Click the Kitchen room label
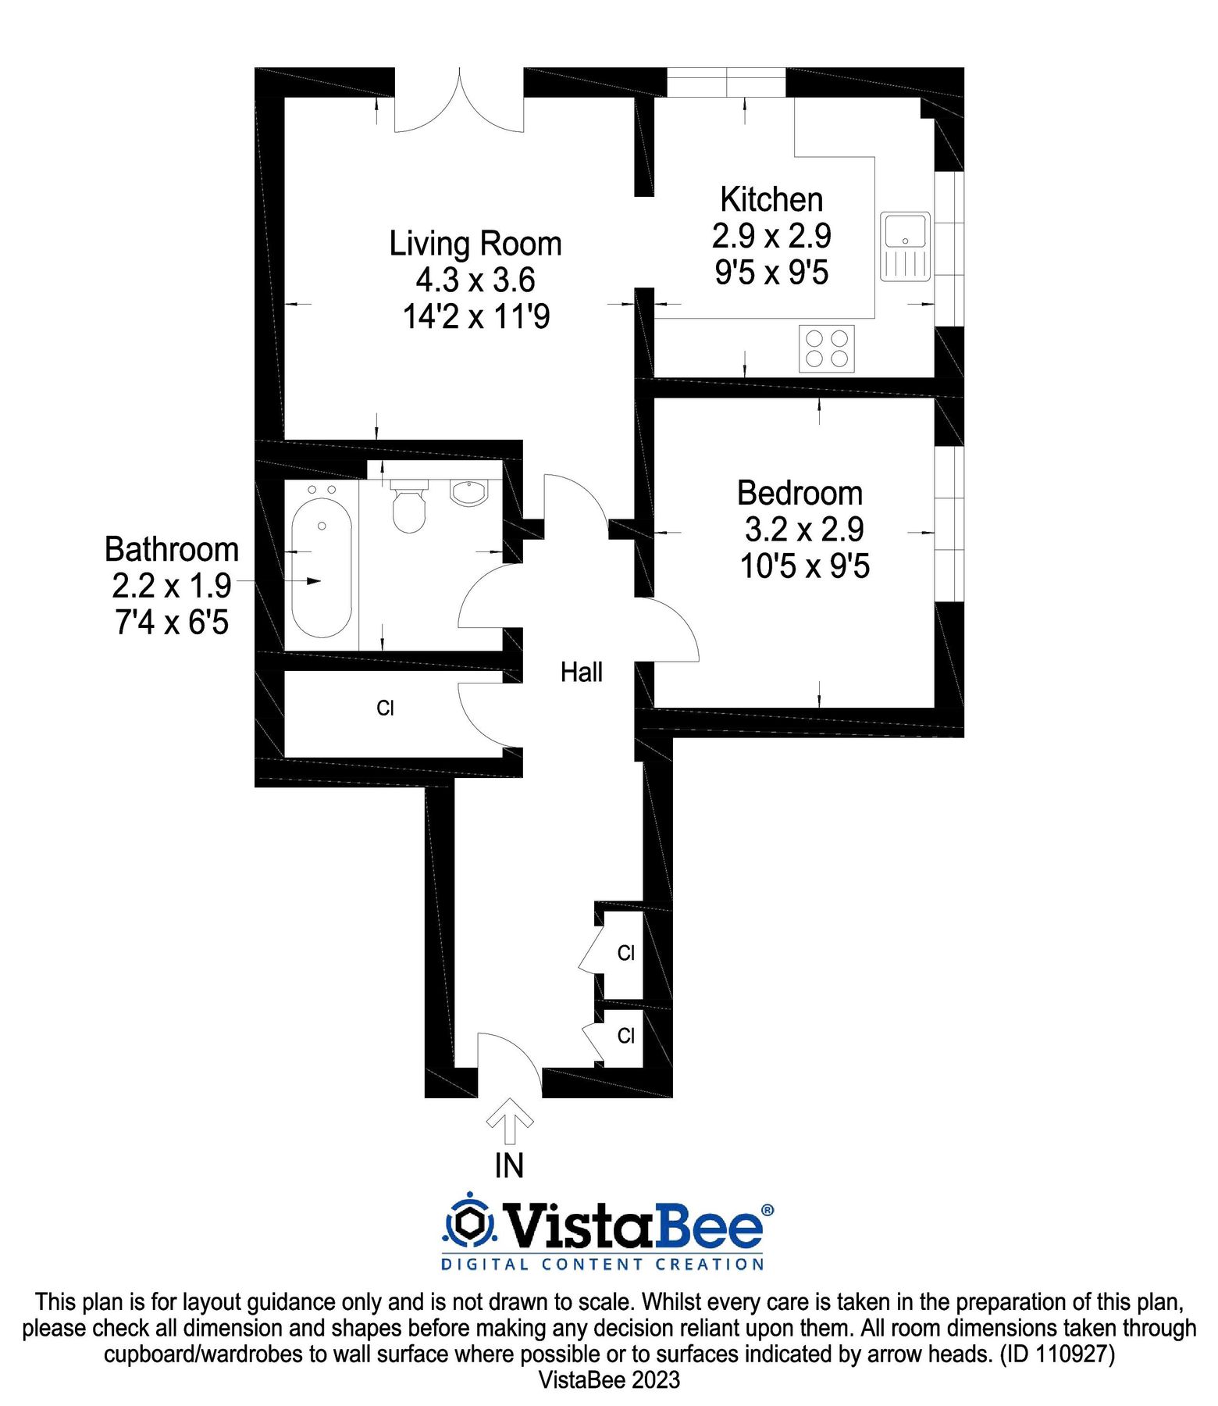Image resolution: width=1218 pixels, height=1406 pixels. pos(771,200)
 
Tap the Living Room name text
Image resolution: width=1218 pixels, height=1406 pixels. pos(475,244)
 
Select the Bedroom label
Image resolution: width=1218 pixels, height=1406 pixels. pos(800,494)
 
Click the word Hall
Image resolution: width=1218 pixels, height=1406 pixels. pos(582,673)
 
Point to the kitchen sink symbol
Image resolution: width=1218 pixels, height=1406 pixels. pos(906,246)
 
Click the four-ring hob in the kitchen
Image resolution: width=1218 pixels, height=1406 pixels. pos(827,348)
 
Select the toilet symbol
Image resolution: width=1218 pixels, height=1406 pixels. pos(408,508)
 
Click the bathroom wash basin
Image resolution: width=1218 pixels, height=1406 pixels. pos(468,494)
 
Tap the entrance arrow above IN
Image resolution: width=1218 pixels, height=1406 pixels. pos(510,1121)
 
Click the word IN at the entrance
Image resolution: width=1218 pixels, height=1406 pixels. pos(509,1166)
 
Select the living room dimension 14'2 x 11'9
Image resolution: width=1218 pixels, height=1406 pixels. pos(476,317)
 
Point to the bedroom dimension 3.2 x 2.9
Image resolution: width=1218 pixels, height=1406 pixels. pos(804,530)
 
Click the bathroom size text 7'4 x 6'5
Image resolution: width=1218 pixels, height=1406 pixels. pos(172,623)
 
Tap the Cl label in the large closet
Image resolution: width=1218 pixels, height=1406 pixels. pos(385,708)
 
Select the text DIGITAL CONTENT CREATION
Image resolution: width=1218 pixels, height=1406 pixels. pos(603,1265)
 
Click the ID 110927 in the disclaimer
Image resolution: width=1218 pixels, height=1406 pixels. pos(1058,1354)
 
